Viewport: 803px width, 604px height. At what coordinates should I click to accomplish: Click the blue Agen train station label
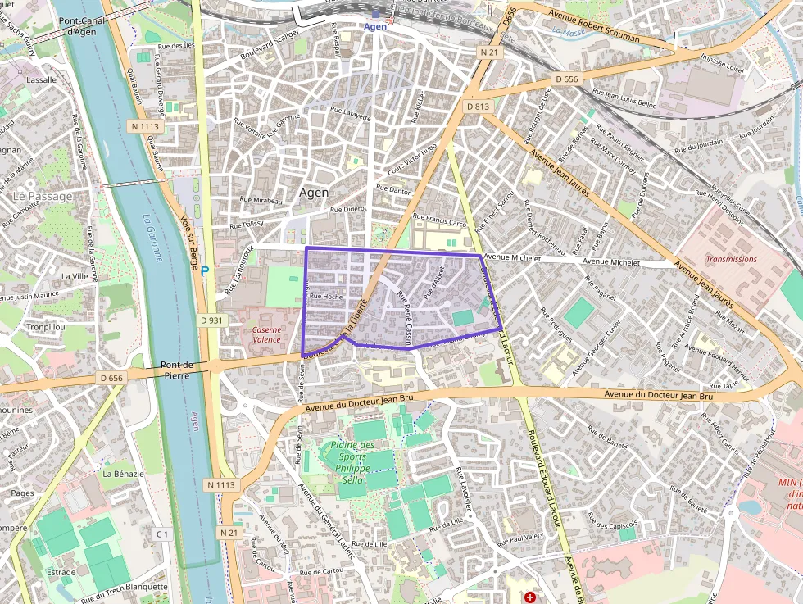375,26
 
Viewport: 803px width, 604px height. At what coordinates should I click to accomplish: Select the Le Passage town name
43,197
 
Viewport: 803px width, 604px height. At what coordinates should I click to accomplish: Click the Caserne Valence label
267,334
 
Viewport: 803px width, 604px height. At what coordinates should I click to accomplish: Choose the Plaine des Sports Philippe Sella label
352,462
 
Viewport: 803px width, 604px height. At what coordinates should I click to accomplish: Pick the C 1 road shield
162,534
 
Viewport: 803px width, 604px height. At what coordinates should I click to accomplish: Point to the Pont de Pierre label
177,370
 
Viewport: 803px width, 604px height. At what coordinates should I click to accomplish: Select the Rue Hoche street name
326,297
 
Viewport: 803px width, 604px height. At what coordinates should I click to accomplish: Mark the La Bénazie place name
123,474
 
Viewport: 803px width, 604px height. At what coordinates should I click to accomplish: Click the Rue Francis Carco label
440,222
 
